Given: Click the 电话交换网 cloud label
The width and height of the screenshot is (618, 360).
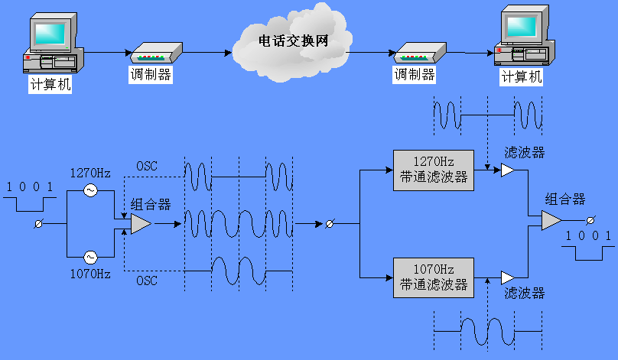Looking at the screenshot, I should (x=292, y=41).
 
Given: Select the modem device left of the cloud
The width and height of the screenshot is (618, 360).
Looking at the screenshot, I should (x=156, y=54).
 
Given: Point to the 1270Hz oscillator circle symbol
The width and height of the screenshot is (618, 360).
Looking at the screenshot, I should (x=90, y=190).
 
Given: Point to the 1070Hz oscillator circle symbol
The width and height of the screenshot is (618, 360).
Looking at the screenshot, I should (x=90, y=257).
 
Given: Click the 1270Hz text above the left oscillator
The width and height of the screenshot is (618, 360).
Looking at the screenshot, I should (x=90, y=173).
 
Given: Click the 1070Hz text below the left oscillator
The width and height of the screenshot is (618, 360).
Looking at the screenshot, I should (x=90, y=274).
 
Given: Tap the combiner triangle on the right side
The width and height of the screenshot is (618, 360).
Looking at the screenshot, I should (x=551, y=220).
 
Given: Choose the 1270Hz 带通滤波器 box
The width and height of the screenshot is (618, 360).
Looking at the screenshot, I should (x=433, y=169).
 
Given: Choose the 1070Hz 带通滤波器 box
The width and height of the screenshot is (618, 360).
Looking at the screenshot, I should (x=433, y=277).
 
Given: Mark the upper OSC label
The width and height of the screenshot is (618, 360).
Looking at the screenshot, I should (x=147, y=166).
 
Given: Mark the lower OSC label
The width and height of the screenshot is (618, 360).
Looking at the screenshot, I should (x=147, y=281).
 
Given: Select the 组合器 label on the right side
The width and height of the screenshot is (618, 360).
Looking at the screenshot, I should (x=564, y=199).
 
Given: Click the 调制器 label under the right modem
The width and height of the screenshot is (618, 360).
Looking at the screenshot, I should (x=415, y=75).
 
